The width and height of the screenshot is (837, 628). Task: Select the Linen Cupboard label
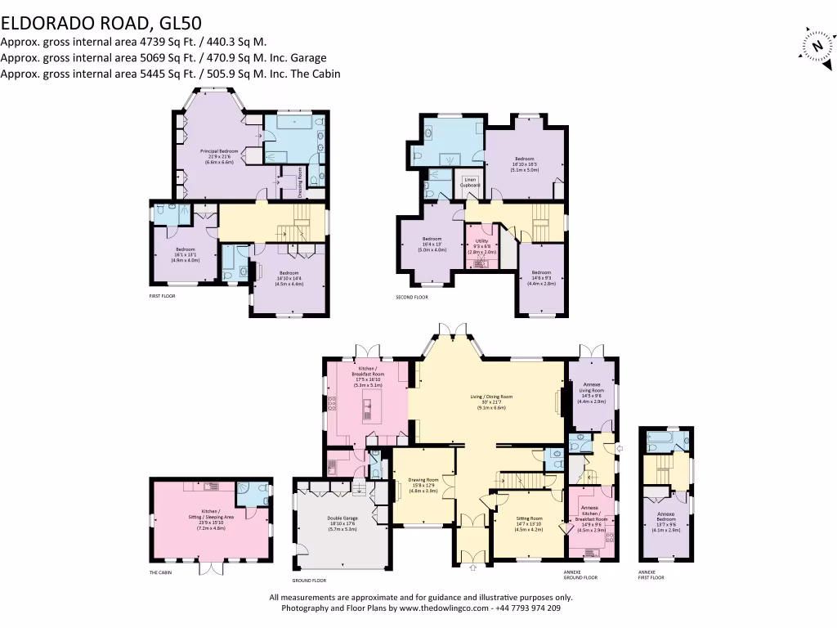point(470,182)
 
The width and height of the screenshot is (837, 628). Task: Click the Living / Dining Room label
point(491,401)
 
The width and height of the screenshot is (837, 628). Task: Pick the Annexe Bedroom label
point(666,520)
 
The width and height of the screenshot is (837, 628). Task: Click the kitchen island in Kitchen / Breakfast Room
point(368,406)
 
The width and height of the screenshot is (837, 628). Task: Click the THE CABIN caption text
point(160,572)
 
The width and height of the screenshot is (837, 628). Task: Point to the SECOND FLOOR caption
point(411,297)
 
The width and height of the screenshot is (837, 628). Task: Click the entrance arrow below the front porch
point(472,567)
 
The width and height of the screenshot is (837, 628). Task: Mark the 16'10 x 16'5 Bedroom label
point(524,163)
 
